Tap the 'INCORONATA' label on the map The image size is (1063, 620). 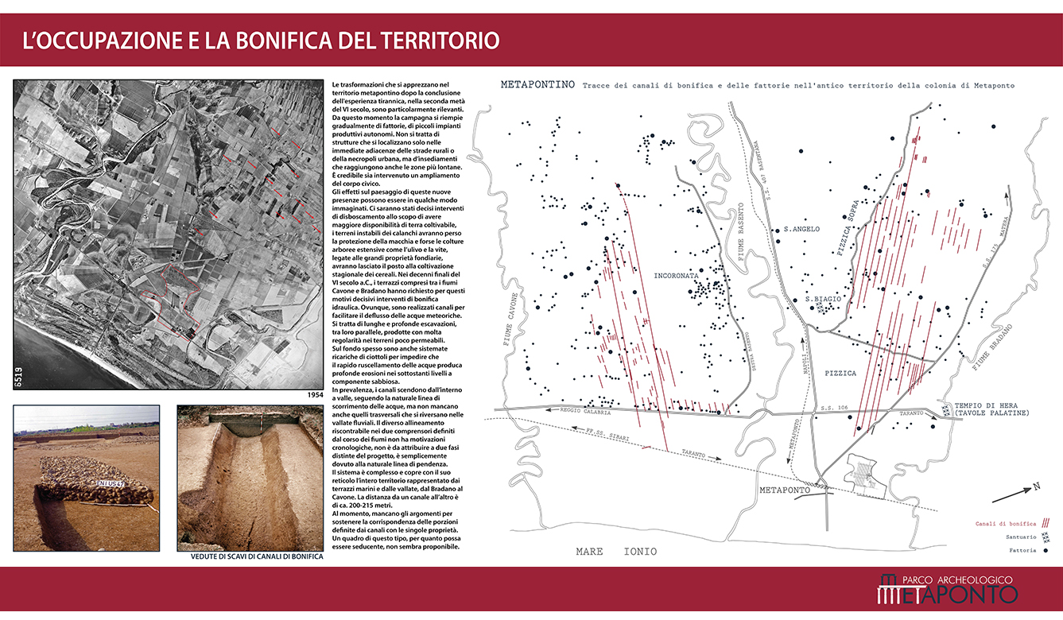click(676, 277)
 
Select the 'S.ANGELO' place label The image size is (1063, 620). click(801, 229)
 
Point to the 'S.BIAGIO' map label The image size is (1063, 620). click(824, 299)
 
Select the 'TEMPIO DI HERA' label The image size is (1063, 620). click(992, 404)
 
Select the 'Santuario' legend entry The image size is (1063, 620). click(1018, 537)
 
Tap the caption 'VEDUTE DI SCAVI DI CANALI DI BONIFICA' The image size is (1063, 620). click(257, 556)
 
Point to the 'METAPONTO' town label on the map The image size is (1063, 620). click(785, 490)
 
